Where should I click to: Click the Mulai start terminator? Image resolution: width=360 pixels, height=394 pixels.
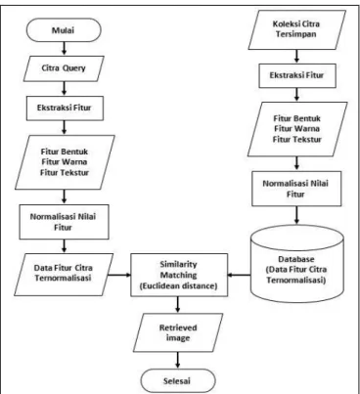coord(64,30)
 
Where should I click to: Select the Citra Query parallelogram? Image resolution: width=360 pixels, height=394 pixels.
coord(64,68)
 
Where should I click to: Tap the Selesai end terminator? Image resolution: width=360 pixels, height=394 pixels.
coord(178,380)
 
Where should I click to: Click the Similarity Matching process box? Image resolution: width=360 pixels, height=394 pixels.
coord(179,275)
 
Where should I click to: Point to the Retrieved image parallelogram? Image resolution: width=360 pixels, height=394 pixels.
coord(178,332)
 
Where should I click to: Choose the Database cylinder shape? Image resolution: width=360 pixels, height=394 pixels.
coord(297,264)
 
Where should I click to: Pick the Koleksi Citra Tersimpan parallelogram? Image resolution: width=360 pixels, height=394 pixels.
coord(296,29)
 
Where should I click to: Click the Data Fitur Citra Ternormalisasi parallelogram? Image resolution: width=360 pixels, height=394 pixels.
coord(64,275)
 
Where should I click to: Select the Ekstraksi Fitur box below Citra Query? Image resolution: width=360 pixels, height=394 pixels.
coord(65,108)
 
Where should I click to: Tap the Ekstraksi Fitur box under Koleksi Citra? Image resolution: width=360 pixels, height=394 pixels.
coord(297,75)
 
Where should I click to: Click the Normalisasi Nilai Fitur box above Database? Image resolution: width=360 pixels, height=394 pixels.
coord(296,189)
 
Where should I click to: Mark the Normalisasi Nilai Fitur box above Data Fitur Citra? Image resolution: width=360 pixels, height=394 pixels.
coord(64,222)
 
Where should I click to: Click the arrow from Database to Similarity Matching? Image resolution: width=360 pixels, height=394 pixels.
coord(239,275)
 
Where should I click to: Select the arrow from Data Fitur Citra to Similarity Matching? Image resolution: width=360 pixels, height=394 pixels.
coord(119,275)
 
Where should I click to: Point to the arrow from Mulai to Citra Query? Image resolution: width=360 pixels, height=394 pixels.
coord(64,49)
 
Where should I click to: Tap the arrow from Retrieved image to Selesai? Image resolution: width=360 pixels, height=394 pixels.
coord(178,361)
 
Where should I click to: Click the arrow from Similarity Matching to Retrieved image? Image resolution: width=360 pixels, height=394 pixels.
coord(178,305)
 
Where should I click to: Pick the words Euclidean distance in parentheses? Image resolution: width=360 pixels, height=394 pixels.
coord(179,286)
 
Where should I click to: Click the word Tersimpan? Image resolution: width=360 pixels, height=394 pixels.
coord(295,34)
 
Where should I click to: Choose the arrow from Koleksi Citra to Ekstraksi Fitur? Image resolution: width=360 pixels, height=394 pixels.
coord(296,57)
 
